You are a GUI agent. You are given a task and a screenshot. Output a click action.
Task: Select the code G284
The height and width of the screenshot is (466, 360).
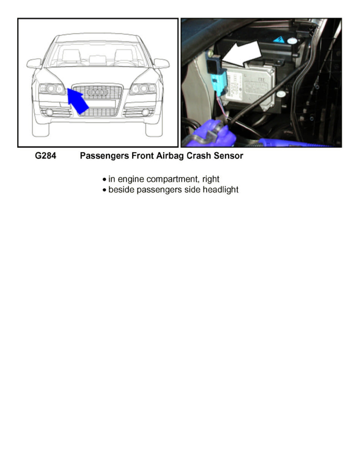(x=44, y=156)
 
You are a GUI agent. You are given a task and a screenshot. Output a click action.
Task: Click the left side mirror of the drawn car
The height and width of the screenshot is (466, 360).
(x=34, y=63)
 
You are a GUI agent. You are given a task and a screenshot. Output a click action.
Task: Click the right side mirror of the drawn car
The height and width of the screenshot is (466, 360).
(x=162, y=63)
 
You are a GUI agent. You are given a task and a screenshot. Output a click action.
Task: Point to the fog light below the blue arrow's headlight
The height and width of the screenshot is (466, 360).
(x=50, y=113)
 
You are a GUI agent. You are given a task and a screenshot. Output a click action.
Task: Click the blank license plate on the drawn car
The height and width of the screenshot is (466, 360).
(x=98, y=104)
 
